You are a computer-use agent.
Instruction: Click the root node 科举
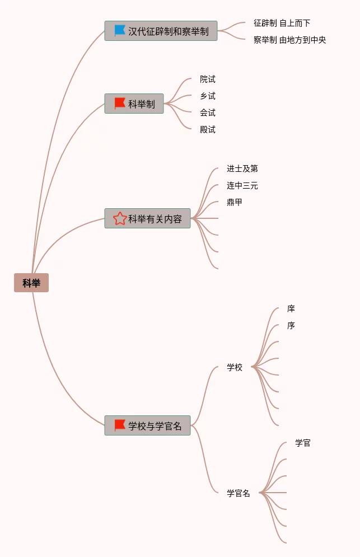31,283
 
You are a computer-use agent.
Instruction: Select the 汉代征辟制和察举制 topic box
161,31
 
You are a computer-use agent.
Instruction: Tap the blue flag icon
120,31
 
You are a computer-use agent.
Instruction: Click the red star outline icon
120,218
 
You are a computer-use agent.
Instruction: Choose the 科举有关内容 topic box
148,218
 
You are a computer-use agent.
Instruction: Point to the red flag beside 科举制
120,104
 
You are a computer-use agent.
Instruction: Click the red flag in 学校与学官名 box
120,425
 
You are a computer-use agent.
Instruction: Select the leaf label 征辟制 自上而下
282,23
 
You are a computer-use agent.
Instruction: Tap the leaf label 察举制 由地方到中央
289,40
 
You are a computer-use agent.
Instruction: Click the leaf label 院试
208,79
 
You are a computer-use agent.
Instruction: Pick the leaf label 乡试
208,96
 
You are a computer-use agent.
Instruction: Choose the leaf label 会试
208,113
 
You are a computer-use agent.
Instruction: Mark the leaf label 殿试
208,129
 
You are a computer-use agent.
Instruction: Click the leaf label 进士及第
242,168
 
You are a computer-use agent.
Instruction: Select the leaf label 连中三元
242,185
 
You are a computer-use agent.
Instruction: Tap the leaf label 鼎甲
235,202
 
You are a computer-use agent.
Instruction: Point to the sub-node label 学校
235,367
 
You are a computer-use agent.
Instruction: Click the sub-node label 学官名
239,493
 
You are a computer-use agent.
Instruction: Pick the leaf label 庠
291,308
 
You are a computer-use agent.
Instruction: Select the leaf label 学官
303,443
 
